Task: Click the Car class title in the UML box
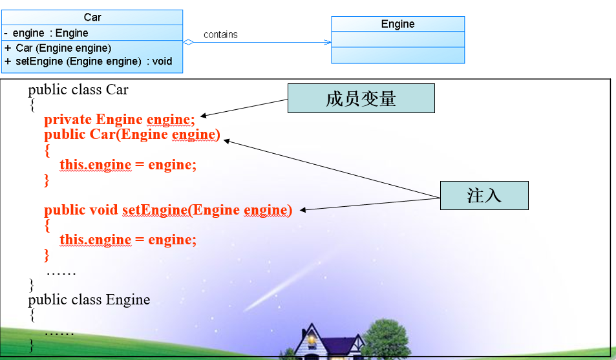[92, 17]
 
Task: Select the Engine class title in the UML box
[398, 25]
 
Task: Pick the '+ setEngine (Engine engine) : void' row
[89, 61]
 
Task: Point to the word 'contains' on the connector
[220, 35]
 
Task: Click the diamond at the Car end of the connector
[188, 43]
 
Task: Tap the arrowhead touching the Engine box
[328, 43]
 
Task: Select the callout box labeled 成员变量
[361, 99]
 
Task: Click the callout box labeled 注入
[484, 195]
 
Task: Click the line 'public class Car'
[78, 89]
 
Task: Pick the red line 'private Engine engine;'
[119, 119]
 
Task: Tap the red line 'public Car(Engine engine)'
[132, 134]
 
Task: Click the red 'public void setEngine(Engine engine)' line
[168, 210]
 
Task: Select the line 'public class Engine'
[89, 300]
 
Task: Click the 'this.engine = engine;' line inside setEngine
[128, 240]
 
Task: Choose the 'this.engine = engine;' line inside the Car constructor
[128, 165]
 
